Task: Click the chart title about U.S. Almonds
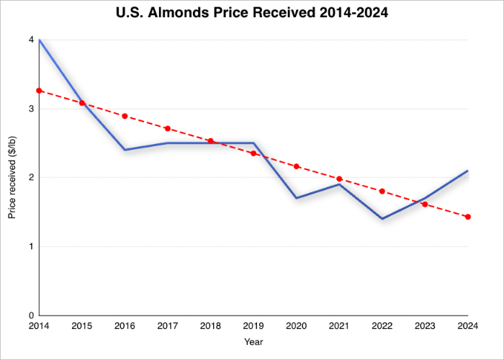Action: tap(252, 14)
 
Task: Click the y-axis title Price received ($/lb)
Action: tap(12, 177)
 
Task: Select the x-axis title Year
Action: tap(253, 341)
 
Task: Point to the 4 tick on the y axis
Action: tap(32, 40)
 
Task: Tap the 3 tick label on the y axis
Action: tap(32, 109)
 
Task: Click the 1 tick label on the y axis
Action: tap(32, 246)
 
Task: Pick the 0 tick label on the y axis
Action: tap(32, 315)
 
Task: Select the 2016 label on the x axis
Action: tap(125, 327)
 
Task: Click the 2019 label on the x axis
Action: tap(253, 327)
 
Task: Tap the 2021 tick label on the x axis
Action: tap(339, 327)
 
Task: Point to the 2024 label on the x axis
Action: tap(467, 327)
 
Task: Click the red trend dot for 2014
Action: tap(39, 91)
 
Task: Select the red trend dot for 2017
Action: tap(168, 129)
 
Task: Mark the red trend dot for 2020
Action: tap(296, 166)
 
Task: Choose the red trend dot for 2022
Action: tap(382, 192)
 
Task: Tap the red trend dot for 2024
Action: tap(468, 217)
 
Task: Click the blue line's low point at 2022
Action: tap(382, 218)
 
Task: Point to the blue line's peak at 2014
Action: tap(40, 40)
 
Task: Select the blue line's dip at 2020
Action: tap(296, 198)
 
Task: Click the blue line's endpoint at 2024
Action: tap(468, 171)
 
